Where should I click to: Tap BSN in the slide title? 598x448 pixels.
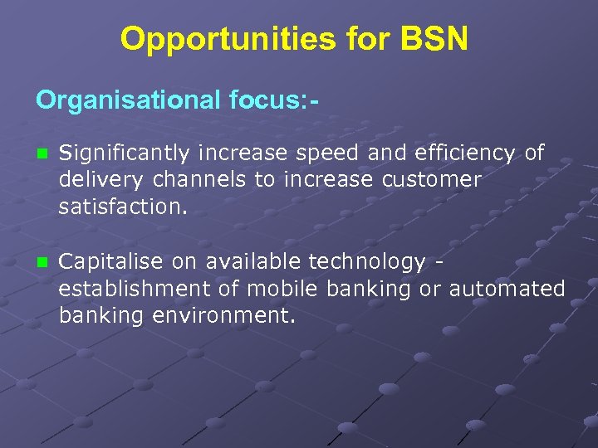(435, 39)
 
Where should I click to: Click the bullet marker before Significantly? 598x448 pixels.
(42, 153)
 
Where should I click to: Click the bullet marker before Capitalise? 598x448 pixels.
(42, 263)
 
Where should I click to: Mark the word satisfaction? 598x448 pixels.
(123, 207)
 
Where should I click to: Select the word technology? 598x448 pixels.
(367, 263)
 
